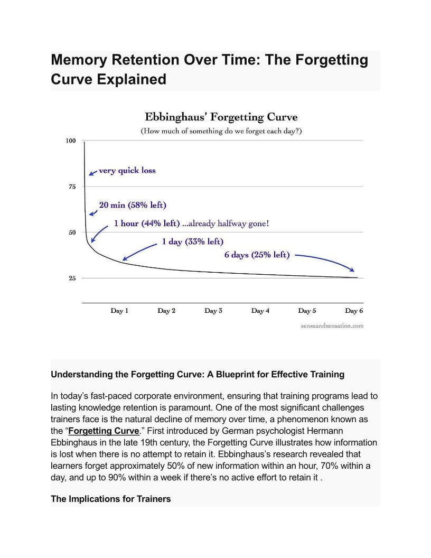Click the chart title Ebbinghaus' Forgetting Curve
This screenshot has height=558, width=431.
[221, 117]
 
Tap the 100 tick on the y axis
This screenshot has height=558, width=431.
[71, 141]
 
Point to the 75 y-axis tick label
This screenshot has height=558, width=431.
[71, 187]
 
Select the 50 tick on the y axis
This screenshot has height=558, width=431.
[71, 232]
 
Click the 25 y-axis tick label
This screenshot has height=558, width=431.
[71, 278]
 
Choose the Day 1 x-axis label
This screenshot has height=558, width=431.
[119, 311]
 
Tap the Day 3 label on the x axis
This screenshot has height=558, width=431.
[213, 311]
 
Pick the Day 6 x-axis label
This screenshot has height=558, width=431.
[354, 311]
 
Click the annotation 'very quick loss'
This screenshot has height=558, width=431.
[127, 171]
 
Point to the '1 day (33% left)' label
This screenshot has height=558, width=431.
[192, 241]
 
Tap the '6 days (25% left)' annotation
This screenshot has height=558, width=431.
[257, 255]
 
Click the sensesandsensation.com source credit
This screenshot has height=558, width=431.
[332, 326]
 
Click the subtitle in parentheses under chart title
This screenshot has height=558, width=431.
[221, 131]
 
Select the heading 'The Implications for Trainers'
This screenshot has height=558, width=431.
[111, 499]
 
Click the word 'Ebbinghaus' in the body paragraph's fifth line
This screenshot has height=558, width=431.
[75, 442]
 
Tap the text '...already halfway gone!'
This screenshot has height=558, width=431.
[226, 224]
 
